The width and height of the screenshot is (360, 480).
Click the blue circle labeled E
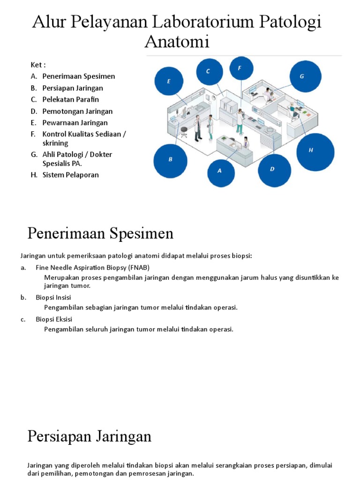pyautogui.click(x=169, y=82)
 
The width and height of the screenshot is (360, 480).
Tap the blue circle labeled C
pyautogui.click(x=208, y=71)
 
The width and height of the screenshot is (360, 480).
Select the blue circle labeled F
pyautogui.click(x=240, y=68)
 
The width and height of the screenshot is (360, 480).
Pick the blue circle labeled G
pyautogui.click(x=302, y=76)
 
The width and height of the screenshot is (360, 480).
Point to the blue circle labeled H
pyautogui.click(x=311, y=150)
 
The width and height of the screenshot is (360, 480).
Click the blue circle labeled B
pyautogui.click(x=171, y=159)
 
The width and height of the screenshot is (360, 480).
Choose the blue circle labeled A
pyautogui.click(x=219, y=171)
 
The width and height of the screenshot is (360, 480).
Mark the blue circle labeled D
pyautogui.click(x=272, y=169)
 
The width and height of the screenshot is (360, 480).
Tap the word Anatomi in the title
pyautogui.click(x=177, y=42)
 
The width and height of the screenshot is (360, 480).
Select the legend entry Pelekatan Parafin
pyautogui.click(x=70, y=99)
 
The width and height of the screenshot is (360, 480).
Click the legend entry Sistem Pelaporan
pyautogui.click(x=70, y=175)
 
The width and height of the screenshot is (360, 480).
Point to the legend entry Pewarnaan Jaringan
pyautogui.click(x=75, y=123)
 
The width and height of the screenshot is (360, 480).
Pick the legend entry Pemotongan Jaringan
pyautogui.click(x=77, y=111)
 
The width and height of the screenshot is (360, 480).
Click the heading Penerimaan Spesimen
pyautogui.click(x=100, y=233)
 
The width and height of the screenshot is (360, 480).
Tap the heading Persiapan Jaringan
pyautogui.click(x=89, y=436)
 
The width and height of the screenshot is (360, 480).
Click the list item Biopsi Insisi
pyautogui.click(x=53, y=297)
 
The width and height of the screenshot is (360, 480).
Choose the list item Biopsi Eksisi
pyautogui.click(x=54, y=319)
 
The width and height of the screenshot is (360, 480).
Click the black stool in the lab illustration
pyautogui.click(x=184, y=131)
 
